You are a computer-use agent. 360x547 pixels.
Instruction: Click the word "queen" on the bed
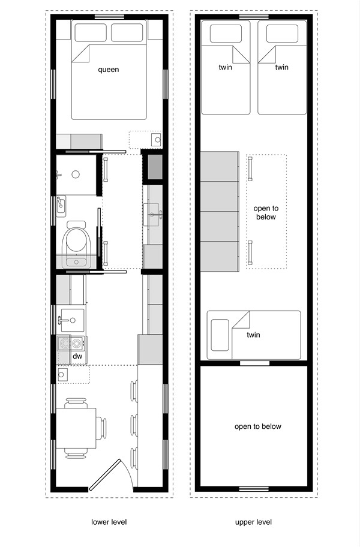coord(109,70)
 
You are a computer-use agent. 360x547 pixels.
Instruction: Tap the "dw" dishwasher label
coord(77,356)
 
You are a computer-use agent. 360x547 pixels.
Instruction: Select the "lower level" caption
coord(109,522)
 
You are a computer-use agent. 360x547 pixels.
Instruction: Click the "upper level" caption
coord(254,522)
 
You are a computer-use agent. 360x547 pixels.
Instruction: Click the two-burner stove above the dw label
coord(71,344)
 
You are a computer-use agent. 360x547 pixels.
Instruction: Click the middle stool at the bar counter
coord(134,424)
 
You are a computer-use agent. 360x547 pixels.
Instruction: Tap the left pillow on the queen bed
coord(91,32)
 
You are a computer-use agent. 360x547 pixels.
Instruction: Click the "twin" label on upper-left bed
coord(226,67)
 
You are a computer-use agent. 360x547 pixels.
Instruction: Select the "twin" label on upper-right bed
coord(281,67)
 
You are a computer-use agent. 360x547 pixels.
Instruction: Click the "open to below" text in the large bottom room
coord(257,426)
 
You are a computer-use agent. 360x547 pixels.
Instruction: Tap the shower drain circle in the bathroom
coord(76,175)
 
